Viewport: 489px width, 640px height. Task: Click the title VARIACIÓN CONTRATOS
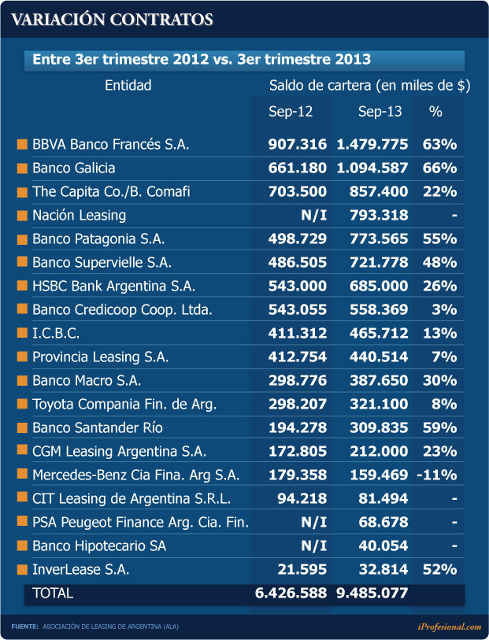[x=112, y=20]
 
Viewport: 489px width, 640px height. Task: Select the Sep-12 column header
[x=291, y=112]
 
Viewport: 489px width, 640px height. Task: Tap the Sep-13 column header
[x=380, y=112]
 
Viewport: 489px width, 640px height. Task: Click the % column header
[x=435, y=112]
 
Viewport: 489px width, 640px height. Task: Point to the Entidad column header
[x=128, y=85]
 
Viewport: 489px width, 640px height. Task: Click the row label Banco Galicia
[x=74, y=168]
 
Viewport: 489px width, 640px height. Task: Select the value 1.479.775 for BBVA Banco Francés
[x=372, y=144]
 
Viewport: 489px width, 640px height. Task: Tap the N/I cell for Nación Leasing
[x=311, y=215]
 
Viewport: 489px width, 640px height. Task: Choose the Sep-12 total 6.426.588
[x=291, y=594]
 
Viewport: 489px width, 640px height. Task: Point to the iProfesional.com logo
[x=449, y=627]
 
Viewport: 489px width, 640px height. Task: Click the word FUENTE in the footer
[x=24, y=627]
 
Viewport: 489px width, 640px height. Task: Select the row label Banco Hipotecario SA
[x=99, y=546]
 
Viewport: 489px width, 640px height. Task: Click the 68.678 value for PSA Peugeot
[x=381, y=522]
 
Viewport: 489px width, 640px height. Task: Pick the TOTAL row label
[x=51, y=594]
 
